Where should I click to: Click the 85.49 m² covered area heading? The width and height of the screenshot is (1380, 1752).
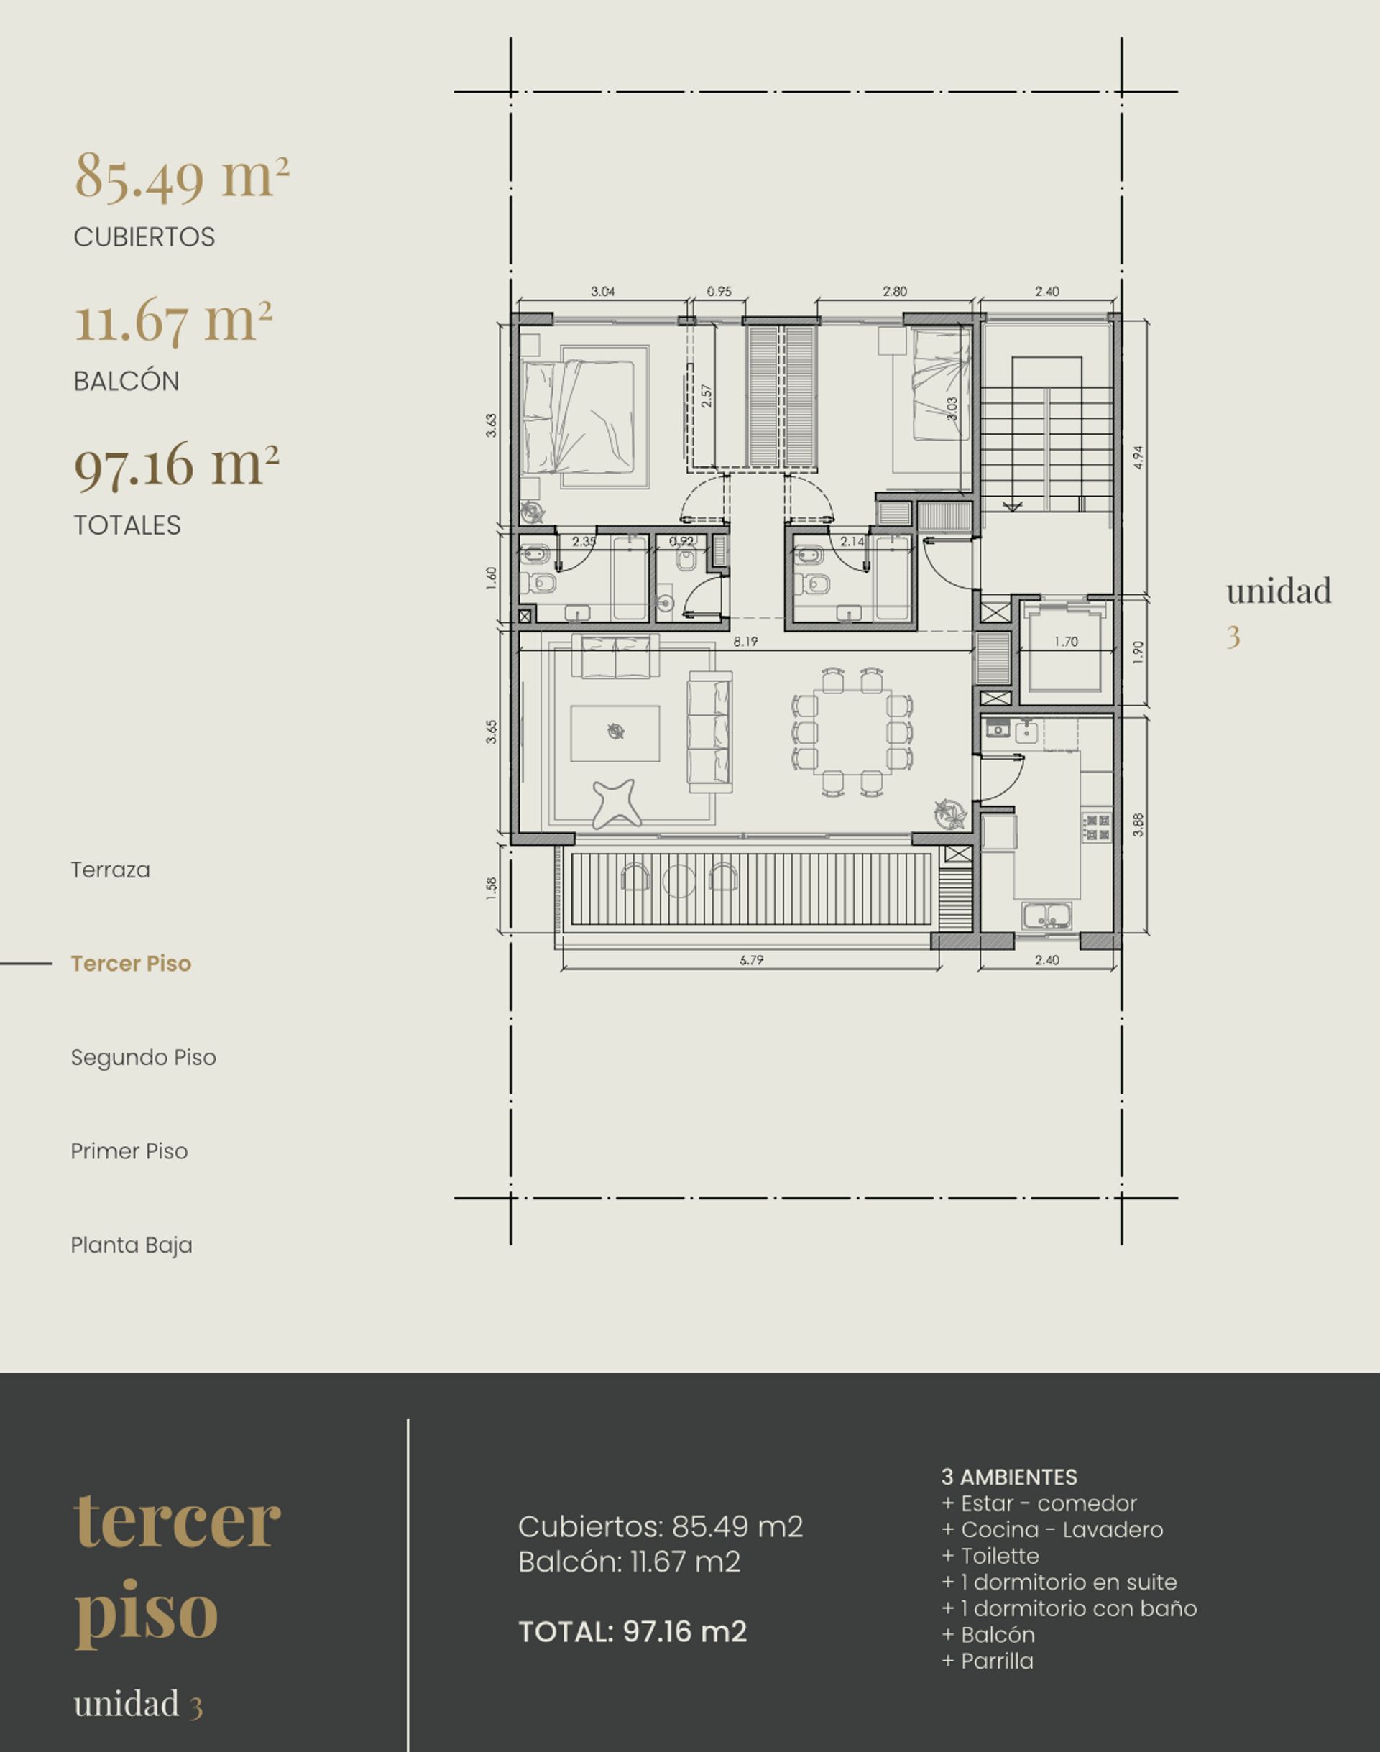pyautogui.click(x=182, y=176)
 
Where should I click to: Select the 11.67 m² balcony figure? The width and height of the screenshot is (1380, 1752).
pyautogui.click(x=174, y=320)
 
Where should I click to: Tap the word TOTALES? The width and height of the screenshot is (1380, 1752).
pyautogui.click(x=128, y=525)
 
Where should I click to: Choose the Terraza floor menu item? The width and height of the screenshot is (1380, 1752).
pyautogui.click(x=111, y=870)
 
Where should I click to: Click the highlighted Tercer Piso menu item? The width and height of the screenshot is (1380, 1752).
pyautogui.click(x=131, y=964)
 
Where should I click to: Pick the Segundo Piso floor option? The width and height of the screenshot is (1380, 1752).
pyautogui.click(x=144, y=1057)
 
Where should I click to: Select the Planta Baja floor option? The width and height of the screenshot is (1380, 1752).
pyautogui.click(x=132, y=1245)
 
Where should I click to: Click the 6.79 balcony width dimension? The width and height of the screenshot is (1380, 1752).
pyautogui.click(x=751, y=959)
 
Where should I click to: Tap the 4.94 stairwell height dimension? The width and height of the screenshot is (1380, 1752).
pyautogui.click(x=1138, y=457)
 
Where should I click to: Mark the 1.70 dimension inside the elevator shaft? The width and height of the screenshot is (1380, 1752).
pyautogui.click(x=1066, y=641)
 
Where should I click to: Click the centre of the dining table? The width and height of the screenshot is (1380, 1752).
pyautogui.click(x=853, y=732)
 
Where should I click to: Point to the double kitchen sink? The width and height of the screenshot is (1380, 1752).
pyautogui.click(x=1047, y=916)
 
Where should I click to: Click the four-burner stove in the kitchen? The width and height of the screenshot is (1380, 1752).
pyautogui.click(x=1098, y=827)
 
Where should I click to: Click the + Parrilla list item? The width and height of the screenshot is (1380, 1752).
pyautogui.click(x=988, y=1661)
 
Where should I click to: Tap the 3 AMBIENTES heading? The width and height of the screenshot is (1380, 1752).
pyautogui.click(x=1009, y=1477)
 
